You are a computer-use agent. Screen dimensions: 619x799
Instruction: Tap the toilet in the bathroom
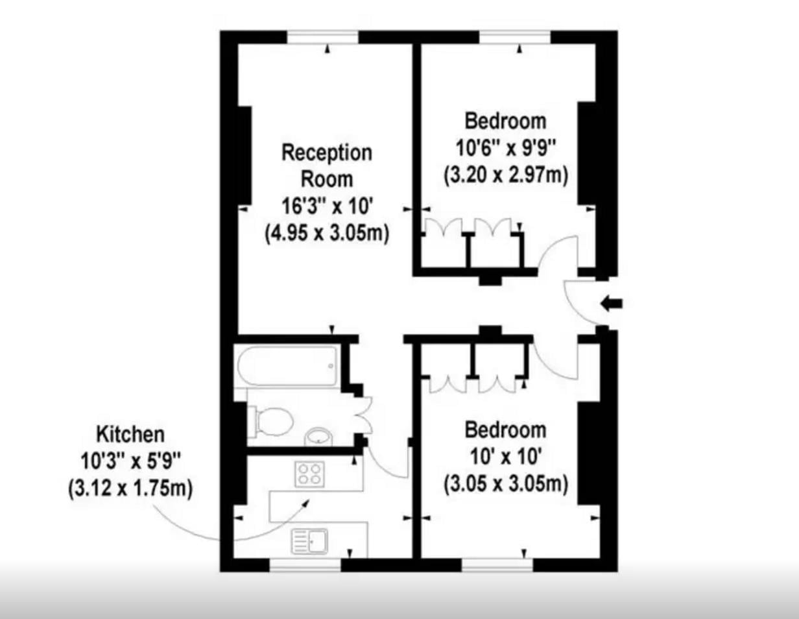[270, 420]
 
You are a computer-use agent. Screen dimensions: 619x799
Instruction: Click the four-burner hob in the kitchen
[309, 474]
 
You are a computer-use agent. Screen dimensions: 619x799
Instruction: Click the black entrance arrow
[612, 303]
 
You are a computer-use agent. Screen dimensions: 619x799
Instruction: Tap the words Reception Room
[327, 165]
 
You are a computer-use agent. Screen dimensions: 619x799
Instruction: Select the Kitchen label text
[130, 433]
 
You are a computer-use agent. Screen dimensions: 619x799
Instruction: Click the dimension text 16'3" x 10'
[326, 206]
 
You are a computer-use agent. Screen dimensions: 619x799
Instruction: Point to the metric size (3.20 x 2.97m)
[506, 175]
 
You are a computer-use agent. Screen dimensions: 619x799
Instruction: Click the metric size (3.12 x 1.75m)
[130, 488]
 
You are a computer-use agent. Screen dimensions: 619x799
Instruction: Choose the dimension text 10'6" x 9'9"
[506, 148]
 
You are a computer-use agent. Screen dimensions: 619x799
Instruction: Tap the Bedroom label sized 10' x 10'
[506, 430]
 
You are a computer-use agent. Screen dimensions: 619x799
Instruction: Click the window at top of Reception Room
[323, 37]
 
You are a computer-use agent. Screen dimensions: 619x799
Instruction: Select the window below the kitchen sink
[305, 564]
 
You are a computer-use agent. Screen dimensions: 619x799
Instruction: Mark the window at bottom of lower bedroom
[498, 564]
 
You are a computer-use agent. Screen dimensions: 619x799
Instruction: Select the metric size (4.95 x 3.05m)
[327, 234]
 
